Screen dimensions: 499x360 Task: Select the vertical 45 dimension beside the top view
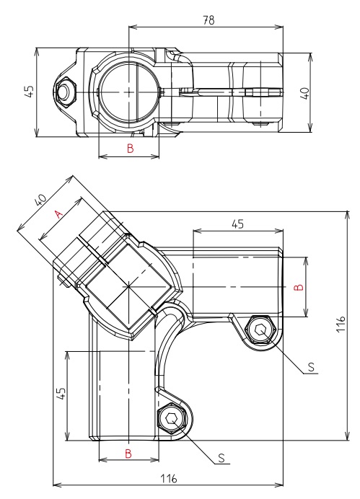tap(28, 92)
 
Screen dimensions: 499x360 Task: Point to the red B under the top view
tap(130, 149)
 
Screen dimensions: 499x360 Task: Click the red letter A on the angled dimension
tap(60, 213)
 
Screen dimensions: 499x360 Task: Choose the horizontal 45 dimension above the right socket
tap(237, 224)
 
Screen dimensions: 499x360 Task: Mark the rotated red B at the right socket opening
tap(299, 286)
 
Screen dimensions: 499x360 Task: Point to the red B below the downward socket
tap(128, 453)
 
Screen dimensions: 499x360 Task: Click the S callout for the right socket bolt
tap(310, 367)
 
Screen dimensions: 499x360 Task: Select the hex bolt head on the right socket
tap(260, 330)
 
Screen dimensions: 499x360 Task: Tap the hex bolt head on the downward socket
tap(172, 418)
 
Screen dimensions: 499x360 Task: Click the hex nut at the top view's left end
tap(64, 92)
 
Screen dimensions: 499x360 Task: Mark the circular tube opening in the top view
tap(128, 92)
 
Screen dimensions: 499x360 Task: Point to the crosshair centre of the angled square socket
tap(128, 287)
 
